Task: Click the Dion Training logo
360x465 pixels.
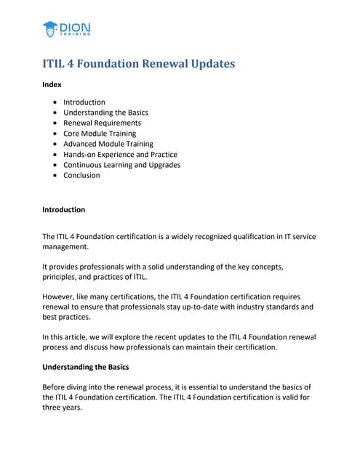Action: tap(66, 29)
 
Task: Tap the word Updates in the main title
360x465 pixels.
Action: tap(212, 64)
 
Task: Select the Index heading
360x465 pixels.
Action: tap(52, 85)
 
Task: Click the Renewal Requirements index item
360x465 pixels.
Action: tap(102, 123)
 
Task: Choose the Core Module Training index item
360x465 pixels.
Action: tap(99, 134)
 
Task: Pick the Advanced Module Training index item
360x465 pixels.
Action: tap(108, 144)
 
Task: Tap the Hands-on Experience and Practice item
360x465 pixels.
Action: tap(120, 154)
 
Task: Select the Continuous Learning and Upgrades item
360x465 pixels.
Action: tap(121, 165)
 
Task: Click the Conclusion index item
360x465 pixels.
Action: tap(81, 175)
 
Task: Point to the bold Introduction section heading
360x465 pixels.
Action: tap(63, 210)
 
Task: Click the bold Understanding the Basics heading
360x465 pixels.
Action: tap(89, 368)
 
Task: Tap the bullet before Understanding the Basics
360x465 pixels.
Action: tap(56, 113)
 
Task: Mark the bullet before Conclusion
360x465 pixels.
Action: tap(56, 175)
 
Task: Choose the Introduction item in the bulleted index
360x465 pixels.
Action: tap(84, 102)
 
